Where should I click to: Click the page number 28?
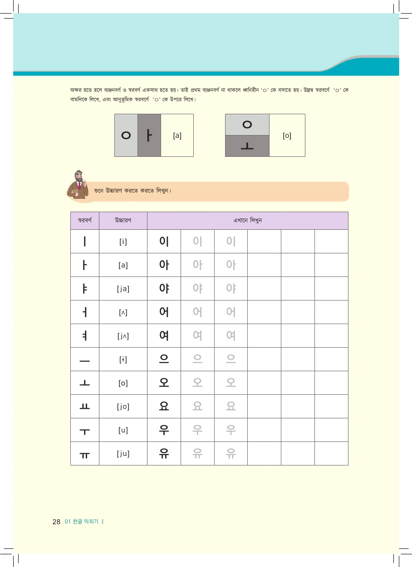[x=56, y=522]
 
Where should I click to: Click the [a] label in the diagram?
[x=177, y=136]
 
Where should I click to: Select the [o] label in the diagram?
[x=287, y=136]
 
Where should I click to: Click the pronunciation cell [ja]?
[x=123, y=289]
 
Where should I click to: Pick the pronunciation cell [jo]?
[x=123, y=407]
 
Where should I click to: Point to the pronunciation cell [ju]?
[x=123, y=454]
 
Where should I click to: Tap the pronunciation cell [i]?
[x=123, y=242]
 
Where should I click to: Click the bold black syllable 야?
[x=164, y=289]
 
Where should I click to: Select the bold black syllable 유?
[x=164, y=453]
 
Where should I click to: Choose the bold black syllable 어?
[x=164, y=312]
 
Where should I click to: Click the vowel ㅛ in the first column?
[x=85, y=407]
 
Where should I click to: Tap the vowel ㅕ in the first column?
[x=85, y=336]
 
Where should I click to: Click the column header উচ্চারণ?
[x=123, y=221]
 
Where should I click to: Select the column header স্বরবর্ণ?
[x=85, y=221]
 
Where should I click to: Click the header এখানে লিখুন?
[x=247, y=221]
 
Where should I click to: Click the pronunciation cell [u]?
[x=123, y=430]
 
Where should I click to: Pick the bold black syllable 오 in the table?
[x=164, y=383]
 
